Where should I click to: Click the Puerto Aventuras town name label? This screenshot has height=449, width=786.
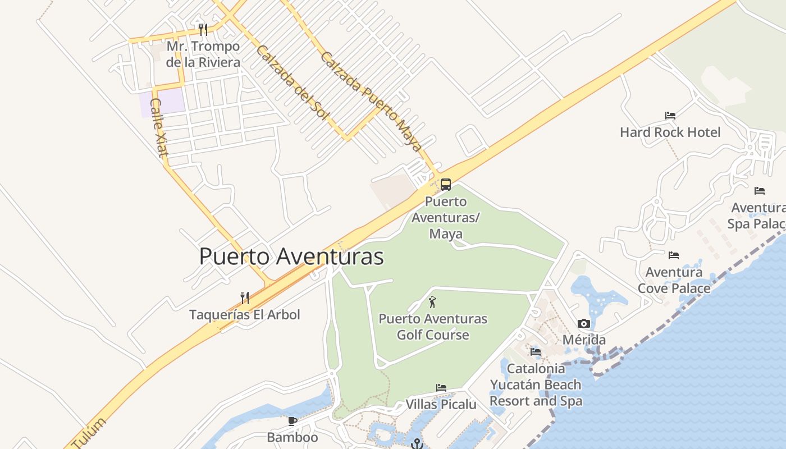click(291, 256)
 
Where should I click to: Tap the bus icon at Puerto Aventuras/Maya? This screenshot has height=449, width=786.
click(445, 184)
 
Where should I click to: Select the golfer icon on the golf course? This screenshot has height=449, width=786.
click(432, 303)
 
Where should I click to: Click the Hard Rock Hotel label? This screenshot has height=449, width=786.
click(670, 132)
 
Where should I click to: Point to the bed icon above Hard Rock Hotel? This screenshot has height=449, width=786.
click(670, 116)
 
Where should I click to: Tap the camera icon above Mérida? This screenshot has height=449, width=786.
click(584, 323)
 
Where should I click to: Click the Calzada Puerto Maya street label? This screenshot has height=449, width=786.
click(371, 102)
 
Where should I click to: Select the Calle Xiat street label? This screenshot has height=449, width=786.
click(159, 127)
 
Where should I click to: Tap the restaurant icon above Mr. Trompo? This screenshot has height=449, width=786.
click(203, 29)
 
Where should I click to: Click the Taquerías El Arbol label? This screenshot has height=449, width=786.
click(244, 314)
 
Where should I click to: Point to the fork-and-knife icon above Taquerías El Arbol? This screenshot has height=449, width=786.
click(244, 297)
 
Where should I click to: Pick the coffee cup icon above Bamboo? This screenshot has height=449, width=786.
click(292, 421)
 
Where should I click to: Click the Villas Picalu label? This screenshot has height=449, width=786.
click(441, 404)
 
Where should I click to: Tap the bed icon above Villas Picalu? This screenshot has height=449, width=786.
click(441, 388)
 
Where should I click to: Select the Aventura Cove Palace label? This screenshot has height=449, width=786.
click(674, 280)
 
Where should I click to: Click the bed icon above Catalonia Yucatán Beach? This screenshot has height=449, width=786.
click(536, 352)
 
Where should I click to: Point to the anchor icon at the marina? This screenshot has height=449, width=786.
click(416, 444)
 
